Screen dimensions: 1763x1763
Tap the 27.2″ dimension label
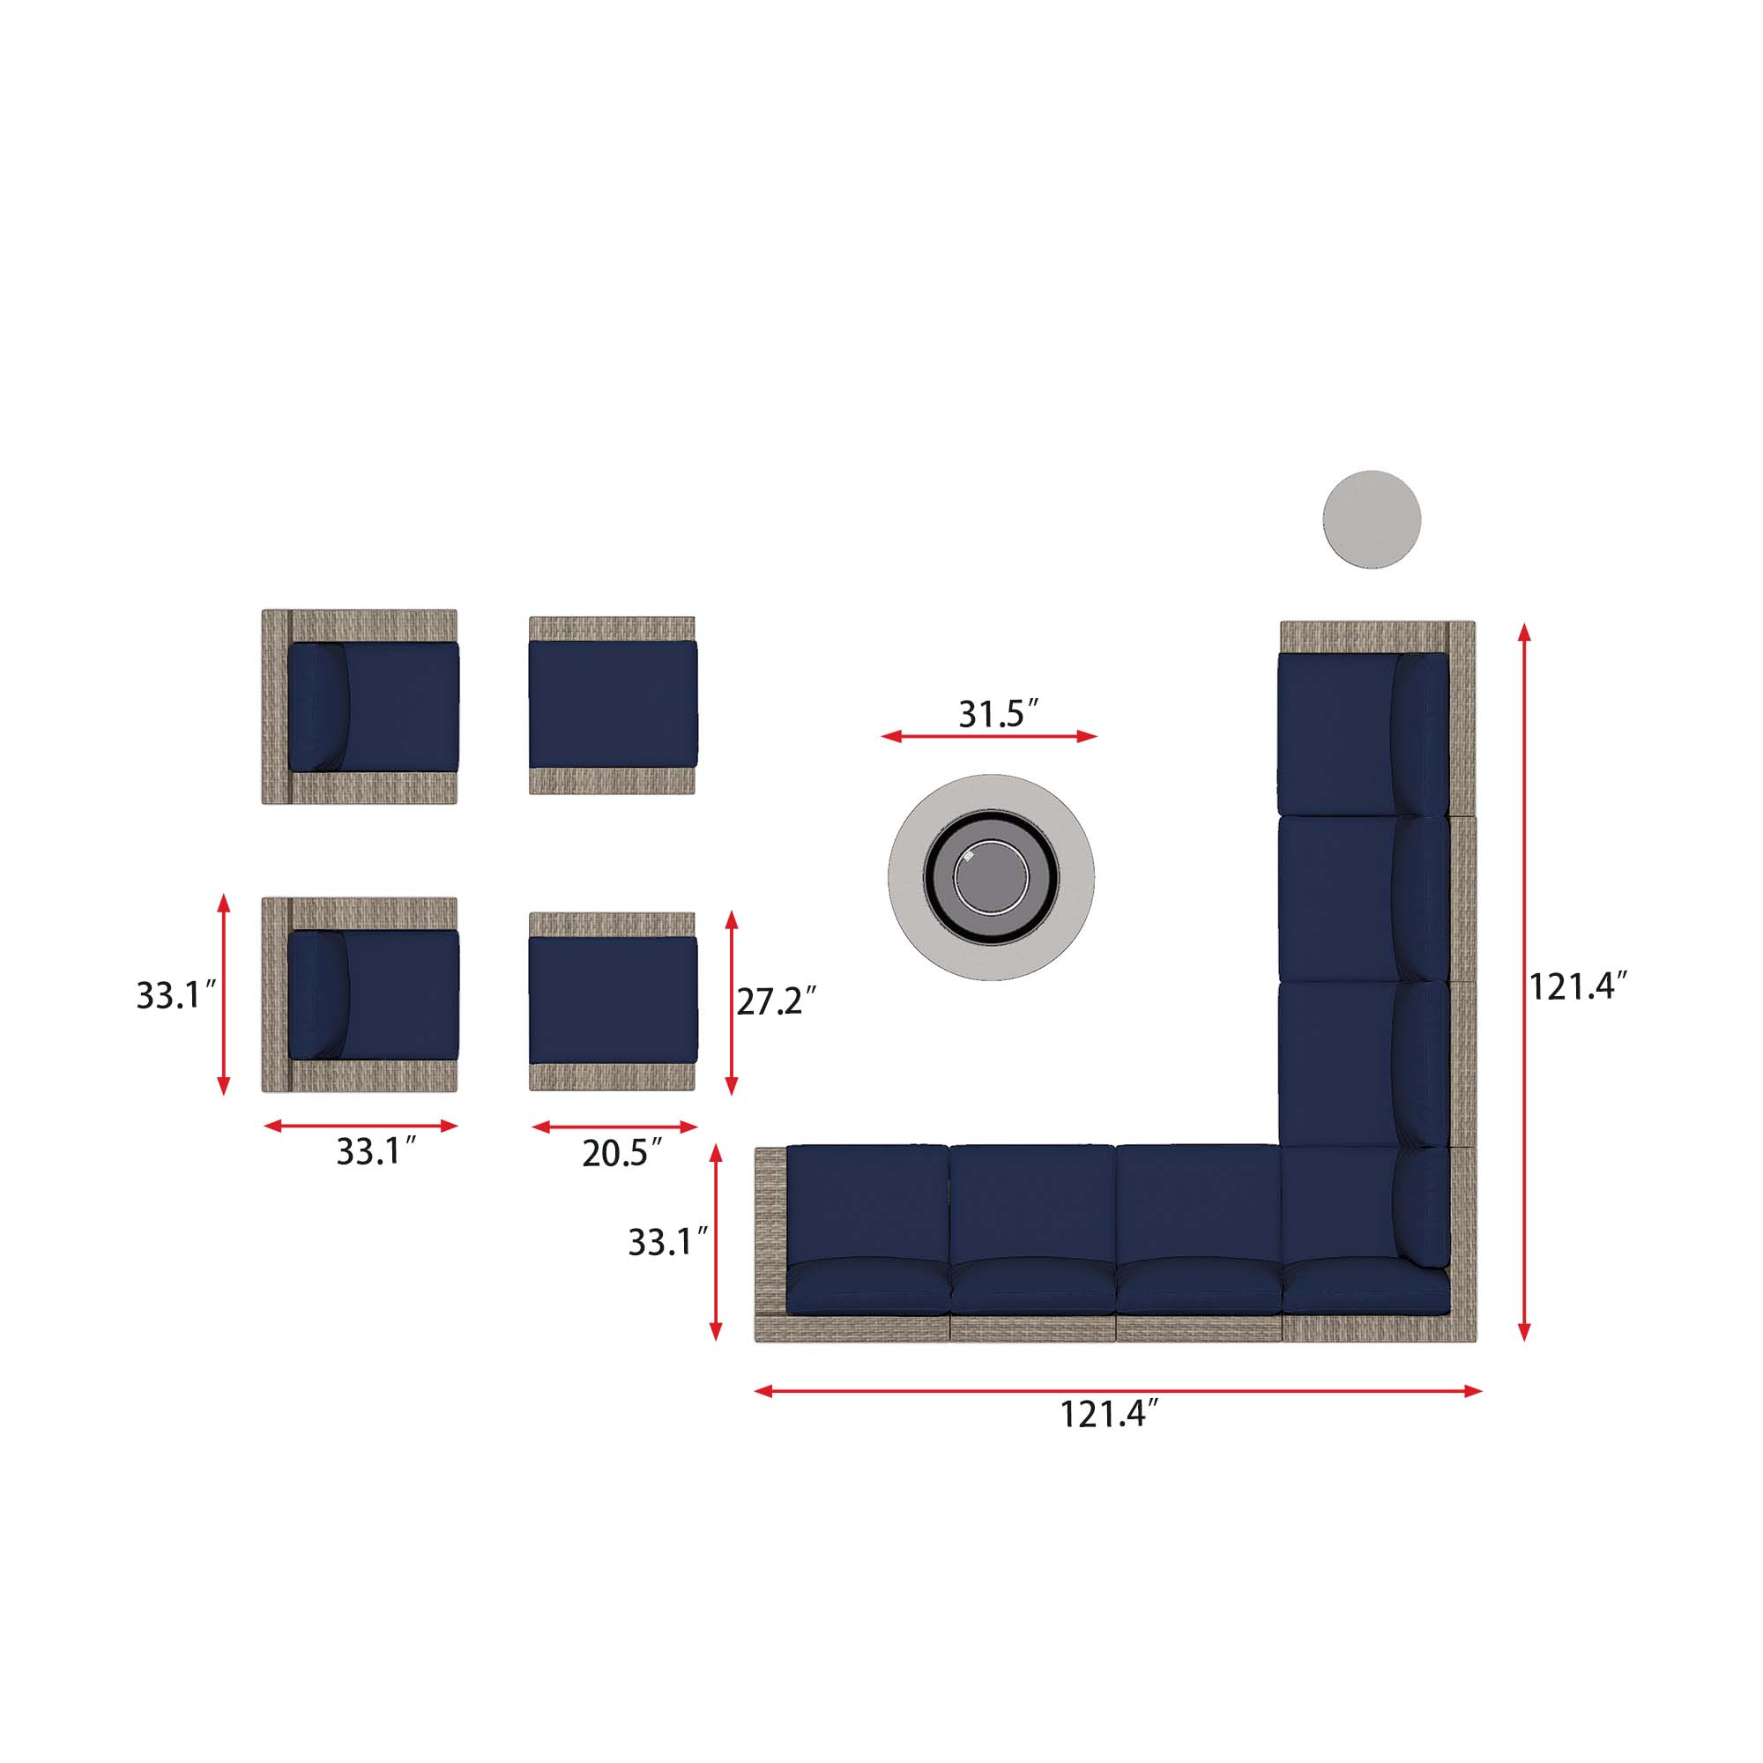tap(776, 1001)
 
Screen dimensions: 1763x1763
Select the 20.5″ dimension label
tap(622, 1153)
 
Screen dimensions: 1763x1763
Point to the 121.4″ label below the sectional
tap(1108, 1414)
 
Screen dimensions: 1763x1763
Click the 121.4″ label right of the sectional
tap(1578, 986)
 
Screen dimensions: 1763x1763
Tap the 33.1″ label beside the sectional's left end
tap(668, 1243)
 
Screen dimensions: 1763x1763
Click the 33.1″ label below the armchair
tap(377, 1151)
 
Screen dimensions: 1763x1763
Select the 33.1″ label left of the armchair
tap(176, 994)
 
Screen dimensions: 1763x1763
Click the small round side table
tap(1372, 519)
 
